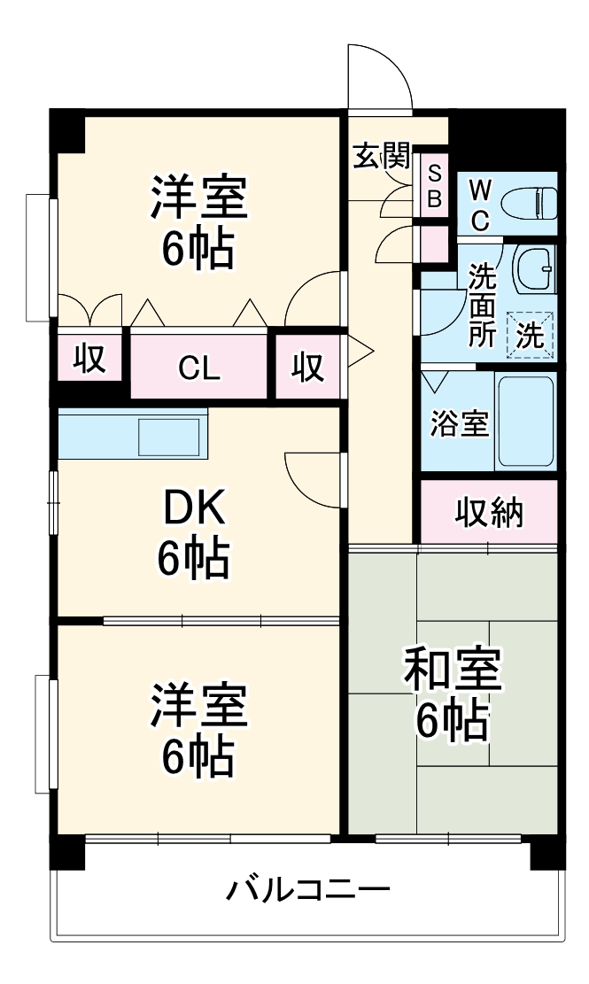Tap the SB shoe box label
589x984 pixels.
pos(434,186)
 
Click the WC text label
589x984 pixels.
pos(478,205)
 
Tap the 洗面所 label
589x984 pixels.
pos(483,304)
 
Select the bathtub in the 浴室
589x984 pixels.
pos(525,422)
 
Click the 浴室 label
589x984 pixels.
pos(459,424)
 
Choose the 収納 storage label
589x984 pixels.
pos(489,511)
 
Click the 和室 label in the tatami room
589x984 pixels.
pos(453,670)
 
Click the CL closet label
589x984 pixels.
pos(198,367)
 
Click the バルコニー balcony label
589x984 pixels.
pos(306,888)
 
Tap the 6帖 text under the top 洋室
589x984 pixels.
pos(198,250)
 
